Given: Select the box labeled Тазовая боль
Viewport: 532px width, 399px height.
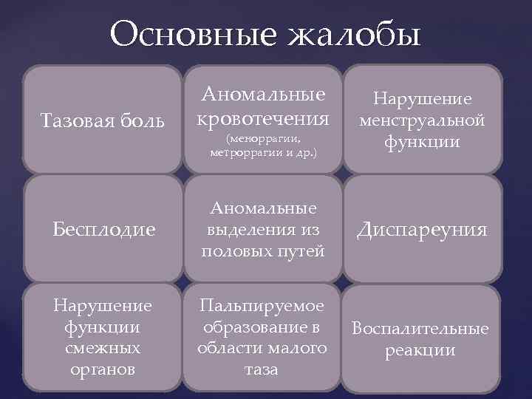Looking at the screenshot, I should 103,120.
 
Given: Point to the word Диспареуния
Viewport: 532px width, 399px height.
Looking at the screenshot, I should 422,230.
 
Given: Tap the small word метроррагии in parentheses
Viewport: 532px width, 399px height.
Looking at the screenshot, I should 238,152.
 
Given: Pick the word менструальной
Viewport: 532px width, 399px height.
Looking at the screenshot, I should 422,120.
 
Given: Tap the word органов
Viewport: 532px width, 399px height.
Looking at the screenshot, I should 103,369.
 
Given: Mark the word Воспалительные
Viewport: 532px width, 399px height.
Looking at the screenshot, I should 420,328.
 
